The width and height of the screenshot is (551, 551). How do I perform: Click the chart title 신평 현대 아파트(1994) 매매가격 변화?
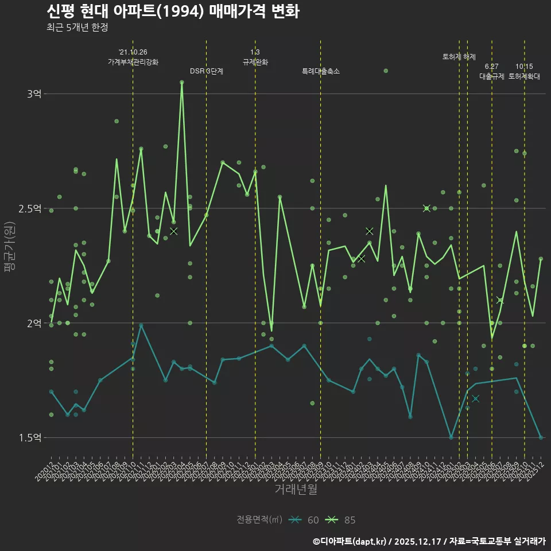pos(172,11)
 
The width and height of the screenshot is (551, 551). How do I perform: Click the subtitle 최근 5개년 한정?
pos(77,28)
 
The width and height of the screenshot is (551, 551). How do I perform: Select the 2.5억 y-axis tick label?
pos(30,208)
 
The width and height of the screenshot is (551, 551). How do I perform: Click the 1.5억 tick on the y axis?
pos(30,438)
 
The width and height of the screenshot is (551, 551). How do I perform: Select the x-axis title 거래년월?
pos(296,490)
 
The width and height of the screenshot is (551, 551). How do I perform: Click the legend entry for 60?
pos(304,520)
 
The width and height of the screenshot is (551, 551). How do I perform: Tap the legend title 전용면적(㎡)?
pos(259,520)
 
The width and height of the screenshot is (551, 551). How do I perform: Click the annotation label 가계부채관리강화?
pos(133,61)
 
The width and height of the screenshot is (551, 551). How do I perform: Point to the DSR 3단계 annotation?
pos(207,71)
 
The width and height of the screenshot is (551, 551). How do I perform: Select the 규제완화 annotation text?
pos(255,61)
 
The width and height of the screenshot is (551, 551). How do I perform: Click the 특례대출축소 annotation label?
pos(321,71)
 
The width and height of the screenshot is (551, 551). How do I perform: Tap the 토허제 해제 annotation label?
pos(459,57)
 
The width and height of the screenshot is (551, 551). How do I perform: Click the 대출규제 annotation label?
pos(492,76)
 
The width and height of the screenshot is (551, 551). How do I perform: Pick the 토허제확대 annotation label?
pos(525,76)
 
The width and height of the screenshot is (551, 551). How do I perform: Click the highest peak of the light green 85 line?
pos(182,82)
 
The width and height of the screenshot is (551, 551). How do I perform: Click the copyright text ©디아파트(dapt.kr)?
pos(350,541)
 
